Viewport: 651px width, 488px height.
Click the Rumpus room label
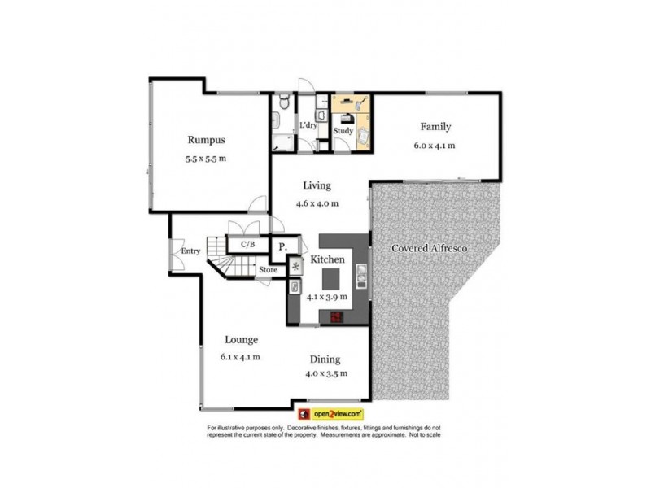tap(205, 139)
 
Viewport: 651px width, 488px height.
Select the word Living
tap(317, 185)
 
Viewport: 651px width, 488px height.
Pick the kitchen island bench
tap(329, 279)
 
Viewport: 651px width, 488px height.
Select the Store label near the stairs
tap(268, 269)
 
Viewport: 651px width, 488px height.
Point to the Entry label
tap(190, 251)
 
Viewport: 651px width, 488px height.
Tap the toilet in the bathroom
tap(282, 102)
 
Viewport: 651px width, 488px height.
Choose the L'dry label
tap(308, 125)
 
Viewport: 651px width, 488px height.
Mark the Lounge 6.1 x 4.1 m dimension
tap(239, 357)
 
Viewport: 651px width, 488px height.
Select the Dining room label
tap(325, 359)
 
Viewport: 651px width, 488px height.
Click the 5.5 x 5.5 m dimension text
tap(205, 159)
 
